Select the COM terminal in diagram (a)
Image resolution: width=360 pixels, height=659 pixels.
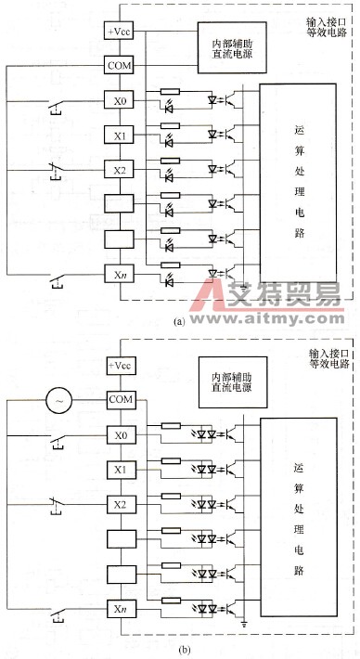tap(120, 66)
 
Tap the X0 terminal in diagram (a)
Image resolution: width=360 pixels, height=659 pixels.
tap(120, 100)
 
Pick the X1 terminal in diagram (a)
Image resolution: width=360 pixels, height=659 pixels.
tap(120, 135)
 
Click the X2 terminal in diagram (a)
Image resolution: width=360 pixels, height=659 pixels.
tap(120, 169)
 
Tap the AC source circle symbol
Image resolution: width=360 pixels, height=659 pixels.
tap(60, 374)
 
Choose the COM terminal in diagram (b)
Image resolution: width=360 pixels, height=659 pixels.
tap(120, 374)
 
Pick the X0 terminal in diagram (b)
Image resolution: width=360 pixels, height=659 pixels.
tap(120, 409)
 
